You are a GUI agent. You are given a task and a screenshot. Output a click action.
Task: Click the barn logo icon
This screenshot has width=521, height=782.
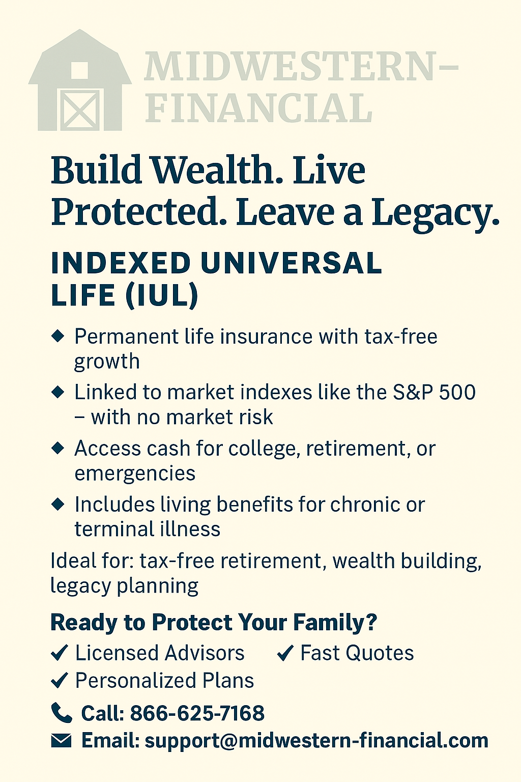click(80, 80)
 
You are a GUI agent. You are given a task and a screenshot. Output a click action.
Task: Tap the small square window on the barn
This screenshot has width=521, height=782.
click(79, 70)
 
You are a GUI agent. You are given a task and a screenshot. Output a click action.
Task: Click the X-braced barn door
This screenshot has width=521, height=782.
click(80, 109)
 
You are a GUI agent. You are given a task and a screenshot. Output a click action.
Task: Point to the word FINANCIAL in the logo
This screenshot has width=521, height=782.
click(258, 108)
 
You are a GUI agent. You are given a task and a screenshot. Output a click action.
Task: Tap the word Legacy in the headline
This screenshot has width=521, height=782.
click(435, 213)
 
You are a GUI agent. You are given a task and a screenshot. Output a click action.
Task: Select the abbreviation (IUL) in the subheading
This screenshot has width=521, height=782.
click(162, 295)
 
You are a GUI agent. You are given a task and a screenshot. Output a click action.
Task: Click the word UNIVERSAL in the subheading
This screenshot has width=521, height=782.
click(292, 263)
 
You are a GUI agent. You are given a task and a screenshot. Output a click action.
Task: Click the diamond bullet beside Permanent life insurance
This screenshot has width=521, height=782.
click(58, 336)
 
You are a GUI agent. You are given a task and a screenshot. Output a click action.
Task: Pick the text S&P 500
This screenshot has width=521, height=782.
click(434, 392)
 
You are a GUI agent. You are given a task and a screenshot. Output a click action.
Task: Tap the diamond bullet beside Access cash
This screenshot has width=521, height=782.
click(58, 448)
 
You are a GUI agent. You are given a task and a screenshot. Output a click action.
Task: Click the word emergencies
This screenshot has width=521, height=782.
click(135, 474)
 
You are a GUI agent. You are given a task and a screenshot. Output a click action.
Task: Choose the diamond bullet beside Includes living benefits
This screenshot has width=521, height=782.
click(58, 504)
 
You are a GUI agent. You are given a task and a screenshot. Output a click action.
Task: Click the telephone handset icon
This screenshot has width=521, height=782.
click(62, 713)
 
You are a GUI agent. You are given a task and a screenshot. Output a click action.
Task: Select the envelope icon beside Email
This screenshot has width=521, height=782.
click(61, 740)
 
